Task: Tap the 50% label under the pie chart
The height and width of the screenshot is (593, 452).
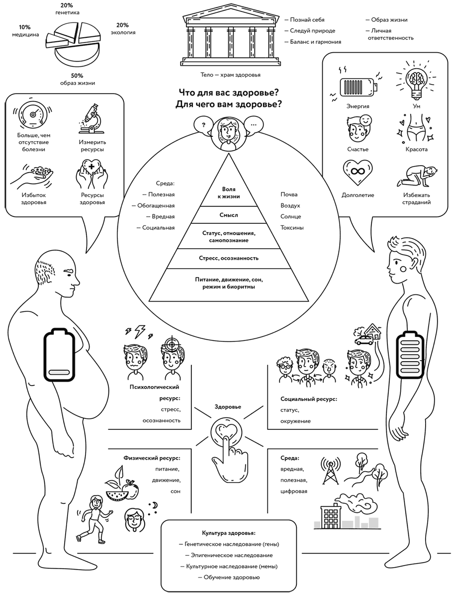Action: click(x=77, y=75)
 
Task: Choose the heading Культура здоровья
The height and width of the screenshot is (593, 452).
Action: click(x=228, y=532)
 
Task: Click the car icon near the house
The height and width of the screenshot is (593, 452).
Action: click(x=363, y=340)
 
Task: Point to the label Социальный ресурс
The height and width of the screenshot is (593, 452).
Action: click(x=309, y=399)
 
